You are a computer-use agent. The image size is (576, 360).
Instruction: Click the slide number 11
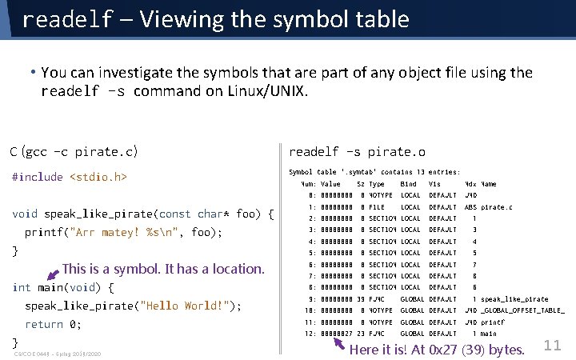pos(551,345)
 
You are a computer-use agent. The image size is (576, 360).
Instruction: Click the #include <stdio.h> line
pos(70,177)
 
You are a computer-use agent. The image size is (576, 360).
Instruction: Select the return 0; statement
pos(53,324)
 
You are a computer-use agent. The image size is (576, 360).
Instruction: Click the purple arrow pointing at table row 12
pos(340,345)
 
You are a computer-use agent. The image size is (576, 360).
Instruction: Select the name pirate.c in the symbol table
pos(496,207)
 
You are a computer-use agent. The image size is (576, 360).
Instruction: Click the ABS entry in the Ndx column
pos(470,207)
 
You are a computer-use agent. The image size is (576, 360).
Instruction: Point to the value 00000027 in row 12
pos(336,334)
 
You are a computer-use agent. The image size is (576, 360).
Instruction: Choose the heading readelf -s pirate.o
pos(357,151)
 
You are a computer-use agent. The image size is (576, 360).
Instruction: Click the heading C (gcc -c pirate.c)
pos(74,151)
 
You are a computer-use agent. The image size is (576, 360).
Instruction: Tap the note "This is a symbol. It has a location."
pos(163,269)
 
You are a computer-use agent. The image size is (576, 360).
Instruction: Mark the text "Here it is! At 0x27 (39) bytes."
pos(437,350)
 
